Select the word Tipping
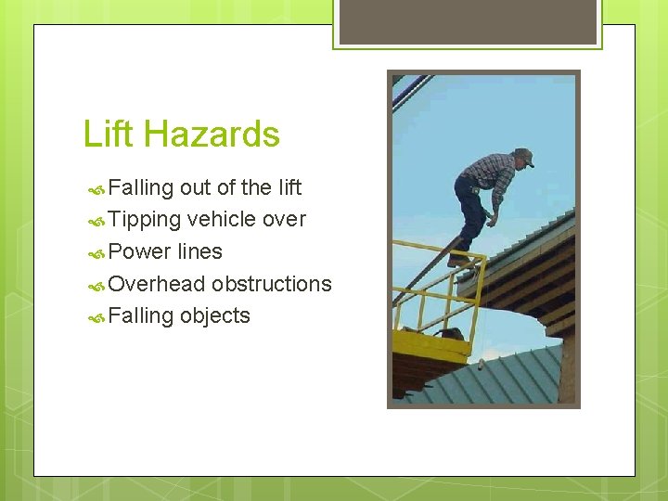click(x=144, y=220)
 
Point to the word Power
click(x=138, y=251)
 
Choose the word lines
click(x=199, y=251)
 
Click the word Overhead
click(x=156, y=283)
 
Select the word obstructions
click(x=271, y=283)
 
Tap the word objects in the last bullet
click(x=214, y=315)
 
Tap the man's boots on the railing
click(x=460, y=261)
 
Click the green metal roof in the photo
click(x=501, y=376)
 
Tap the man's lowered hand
click(x=489, y=220)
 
